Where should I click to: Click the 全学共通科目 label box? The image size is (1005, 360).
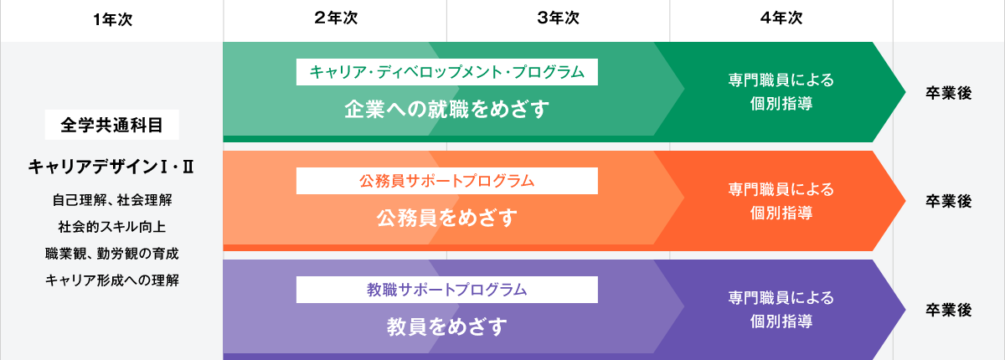[111, 126]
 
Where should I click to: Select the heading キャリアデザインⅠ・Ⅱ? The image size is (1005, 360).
[111, 167]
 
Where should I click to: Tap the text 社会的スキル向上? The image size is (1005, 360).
[111, 227]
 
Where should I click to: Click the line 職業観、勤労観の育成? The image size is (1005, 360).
[111, 253]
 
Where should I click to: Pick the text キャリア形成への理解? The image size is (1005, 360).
[111, 280]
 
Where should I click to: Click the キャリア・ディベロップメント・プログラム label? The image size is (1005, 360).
[447, 72]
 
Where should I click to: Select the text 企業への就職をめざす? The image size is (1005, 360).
[447, 109]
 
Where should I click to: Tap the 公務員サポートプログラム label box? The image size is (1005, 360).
[447, 181]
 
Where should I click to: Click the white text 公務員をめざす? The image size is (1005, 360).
[447, 219]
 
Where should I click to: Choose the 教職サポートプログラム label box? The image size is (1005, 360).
[447, 290]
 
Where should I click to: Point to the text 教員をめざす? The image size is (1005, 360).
[447, 327]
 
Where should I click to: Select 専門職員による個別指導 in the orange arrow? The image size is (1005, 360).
[781, 201]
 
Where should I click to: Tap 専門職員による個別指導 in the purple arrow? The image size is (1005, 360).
[781, 309]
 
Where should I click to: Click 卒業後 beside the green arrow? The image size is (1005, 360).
[948, 93]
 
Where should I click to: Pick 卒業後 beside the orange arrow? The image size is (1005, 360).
[948, 201]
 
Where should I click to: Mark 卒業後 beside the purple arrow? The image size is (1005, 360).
[948, 310]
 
